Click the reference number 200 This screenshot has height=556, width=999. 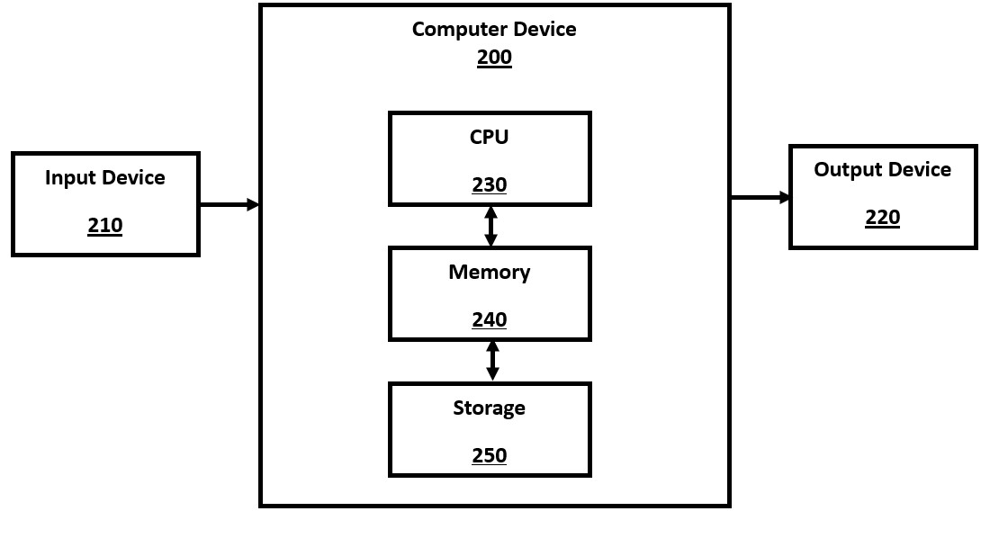click(494, 58)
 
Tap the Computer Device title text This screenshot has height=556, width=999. click(494, 29)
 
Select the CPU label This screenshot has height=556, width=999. click(489, 137)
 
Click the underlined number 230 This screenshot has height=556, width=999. click(490, 184)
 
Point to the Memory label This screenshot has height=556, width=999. click(490, 272)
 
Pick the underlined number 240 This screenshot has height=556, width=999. click(490, 319)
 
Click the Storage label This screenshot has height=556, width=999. click(490, 408)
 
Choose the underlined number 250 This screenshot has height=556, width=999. click(490, 455)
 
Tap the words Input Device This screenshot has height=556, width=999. click(105, 177)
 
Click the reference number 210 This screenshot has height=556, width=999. click(105, 225)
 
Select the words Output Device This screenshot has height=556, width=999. click(883, 170)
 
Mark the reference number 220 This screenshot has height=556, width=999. click(883, 217)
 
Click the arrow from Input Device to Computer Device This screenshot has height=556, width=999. click(229, 205)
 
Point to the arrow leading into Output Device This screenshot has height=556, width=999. click(760, 197)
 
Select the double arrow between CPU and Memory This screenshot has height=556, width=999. click(490, 226)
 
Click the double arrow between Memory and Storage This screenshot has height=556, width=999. click(492, 361)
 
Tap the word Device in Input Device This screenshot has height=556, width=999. click(133, 177)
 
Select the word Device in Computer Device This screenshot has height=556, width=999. click(544, 29)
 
